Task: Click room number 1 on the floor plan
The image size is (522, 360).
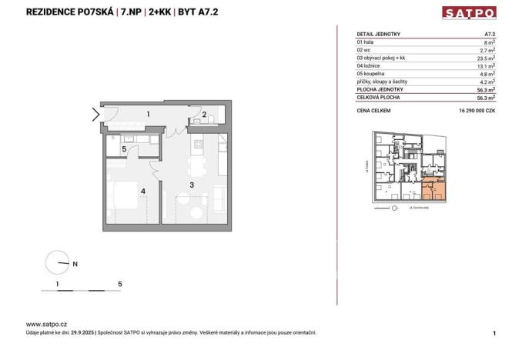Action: coord(147,115)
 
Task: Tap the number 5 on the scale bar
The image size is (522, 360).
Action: coord(120,284)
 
